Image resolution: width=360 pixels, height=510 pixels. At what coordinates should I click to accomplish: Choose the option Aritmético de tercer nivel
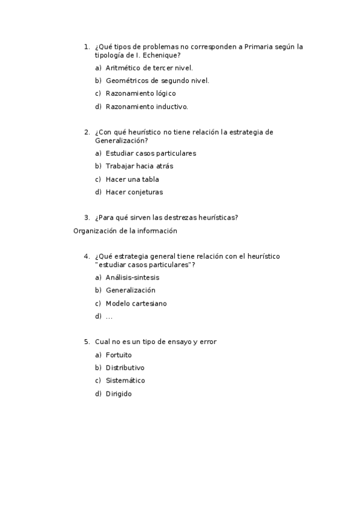point(149,68)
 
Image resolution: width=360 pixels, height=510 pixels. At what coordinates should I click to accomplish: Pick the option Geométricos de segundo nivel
point(157,81)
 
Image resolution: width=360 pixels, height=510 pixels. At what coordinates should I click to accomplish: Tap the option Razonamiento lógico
point(141,94)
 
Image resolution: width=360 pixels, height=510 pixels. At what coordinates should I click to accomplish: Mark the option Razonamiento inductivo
point(147,107)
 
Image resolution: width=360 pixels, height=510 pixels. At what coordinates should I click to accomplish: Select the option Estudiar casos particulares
point(151,153)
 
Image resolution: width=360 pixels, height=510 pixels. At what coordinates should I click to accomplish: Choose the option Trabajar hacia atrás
point(139,166)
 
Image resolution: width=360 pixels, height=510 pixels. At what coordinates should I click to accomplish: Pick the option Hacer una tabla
point(132,179)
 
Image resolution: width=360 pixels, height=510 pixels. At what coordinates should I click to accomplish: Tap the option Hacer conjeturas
point(134,192)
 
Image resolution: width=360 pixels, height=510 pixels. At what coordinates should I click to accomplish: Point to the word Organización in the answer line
point(94,230)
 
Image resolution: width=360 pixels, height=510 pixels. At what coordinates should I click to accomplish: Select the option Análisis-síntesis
point(132,277)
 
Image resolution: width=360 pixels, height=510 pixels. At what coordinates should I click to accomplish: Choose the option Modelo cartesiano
point(136,304)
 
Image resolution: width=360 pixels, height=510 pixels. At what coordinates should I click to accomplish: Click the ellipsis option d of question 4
point(109,316)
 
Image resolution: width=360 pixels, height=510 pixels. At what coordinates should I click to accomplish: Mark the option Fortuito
point(118,355)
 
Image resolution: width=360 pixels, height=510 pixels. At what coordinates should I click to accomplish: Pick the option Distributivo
point(125,367)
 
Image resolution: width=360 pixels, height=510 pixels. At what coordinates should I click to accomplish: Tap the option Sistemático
point(125,381)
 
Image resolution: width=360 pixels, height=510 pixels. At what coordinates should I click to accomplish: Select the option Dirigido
point(118,394)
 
